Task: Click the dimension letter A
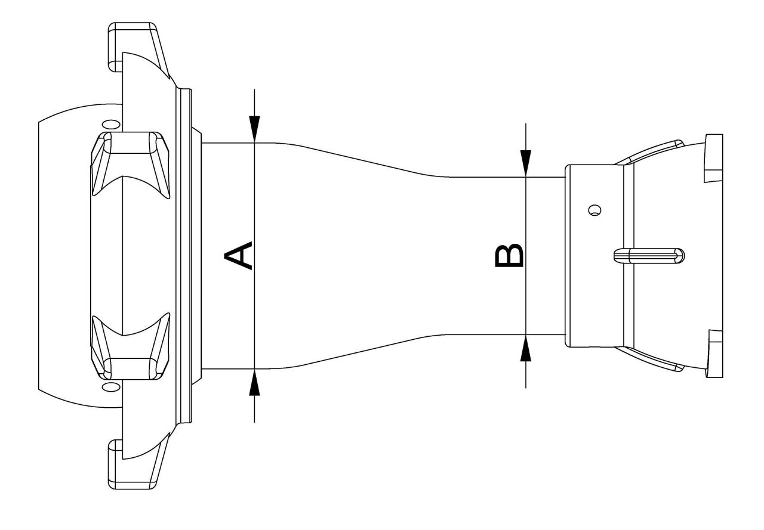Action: [x=238, y=256]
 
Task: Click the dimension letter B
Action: [x=509, y=256]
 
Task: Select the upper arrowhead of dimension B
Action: [x=526, y=163]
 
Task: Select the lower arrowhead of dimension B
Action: [x=526, y=348]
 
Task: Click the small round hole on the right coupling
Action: [x=595, y=210]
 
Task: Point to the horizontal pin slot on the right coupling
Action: [x=649, y=256]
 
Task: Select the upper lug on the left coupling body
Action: [x=130, y=165]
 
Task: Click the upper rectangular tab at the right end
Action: [x=713, y=158]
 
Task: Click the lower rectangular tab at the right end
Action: [x=713, y=354]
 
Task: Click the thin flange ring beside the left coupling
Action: [x=184, y=256]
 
